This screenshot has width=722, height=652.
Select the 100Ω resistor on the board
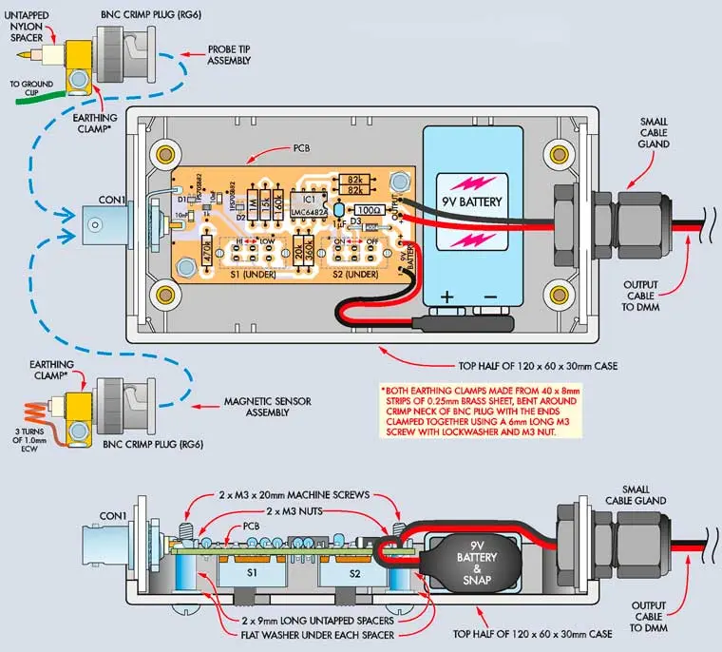point(368,208)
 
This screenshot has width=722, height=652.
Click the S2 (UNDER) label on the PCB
point(351,275)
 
